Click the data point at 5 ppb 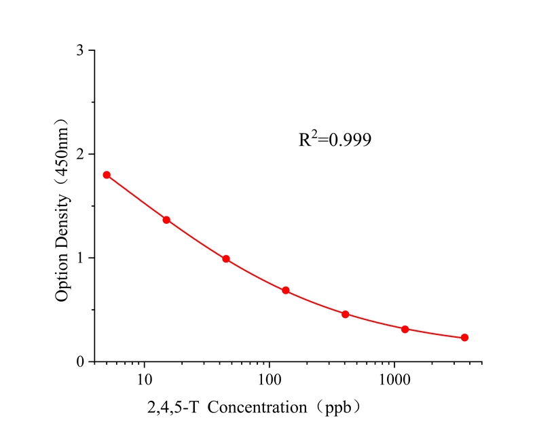107,175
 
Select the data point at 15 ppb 166,220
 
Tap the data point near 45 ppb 226,259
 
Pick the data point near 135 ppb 286,290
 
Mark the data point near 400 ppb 346,315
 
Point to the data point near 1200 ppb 405,329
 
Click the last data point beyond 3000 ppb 465,338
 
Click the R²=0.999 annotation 335,140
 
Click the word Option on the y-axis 63,278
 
